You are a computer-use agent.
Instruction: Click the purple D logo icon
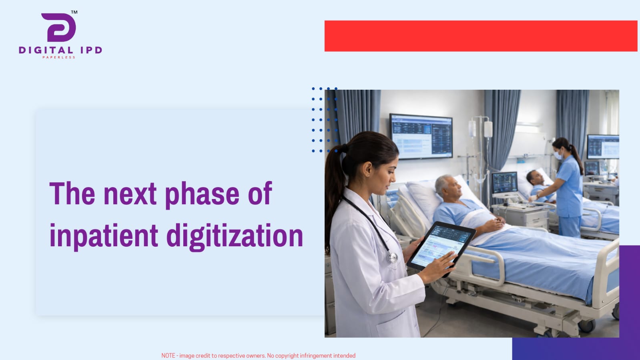click(59, 28)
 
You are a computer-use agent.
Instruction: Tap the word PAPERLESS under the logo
click(59, 58)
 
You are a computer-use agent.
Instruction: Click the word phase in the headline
click(202, 195)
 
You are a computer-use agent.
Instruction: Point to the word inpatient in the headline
click(104, 235)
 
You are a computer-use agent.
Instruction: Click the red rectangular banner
click(481, 36)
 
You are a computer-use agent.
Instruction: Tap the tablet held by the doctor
click(441, 246)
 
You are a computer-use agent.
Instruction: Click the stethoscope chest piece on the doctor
click(393, 257)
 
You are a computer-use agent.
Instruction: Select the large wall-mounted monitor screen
click(421, 136)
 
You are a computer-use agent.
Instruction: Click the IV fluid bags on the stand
click(481, 129)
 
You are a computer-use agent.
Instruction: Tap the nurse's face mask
click(558, 155)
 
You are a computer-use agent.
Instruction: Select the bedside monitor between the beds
click(505, 183)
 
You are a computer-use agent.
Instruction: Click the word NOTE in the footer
click(168, 356)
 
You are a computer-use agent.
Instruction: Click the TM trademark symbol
click(74, 12)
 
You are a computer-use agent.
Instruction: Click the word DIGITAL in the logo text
click(46, 50)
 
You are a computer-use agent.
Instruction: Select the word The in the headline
click(72, 193)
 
